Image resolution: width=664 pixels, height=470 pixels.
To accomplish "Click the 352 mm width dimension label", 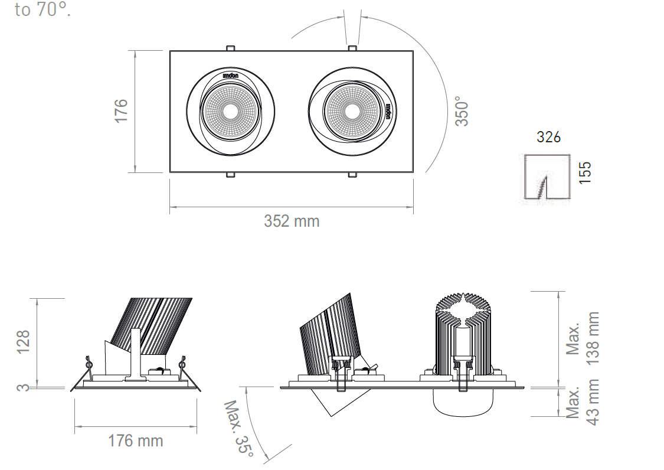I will click(292, 221).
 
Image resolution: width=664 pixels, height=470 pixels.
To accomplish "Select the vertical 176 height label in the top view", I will click(121, 111).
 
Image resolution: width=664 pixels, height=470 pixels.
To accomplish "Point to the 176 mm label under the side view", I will click(136, 440).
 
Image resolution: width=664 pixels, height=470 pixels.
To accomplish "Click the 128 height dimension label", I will click(23, 341).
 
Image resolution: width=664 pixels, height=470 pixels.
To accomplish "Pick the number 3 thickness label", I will click(23, 387).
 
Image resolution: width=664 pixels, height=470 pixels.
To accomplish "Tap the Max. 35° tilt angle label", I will click(239, 429).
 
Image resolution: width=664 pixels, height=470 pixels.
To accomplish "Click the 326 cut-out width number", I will click(548, 138).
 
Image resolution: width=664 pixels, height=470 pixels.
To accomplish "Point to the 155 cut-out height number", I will click(585, 173).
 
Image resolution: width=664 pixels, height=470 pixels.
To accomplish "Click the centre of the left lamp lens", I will click(230, 112).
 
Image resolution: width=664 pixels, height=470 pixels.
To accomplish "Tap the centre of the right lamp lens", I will click(352, 112).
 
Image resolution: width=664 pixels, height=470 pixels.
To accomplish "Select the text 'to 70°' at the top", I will click(42, 10).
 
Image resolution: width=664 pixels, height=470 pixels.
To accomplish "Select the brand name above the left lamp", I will click(230, 76).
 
